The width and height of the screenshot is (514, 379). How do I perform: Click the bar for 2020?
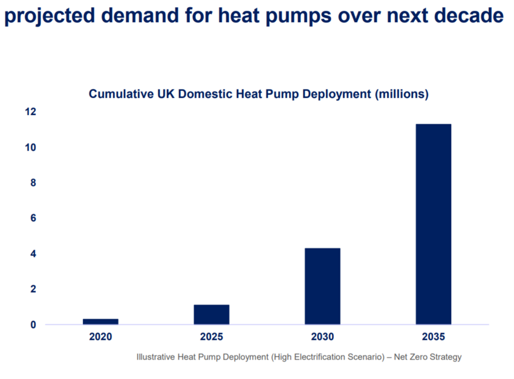[100, 321]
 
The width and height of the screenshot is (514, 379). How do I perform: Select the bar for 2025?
[211, 314]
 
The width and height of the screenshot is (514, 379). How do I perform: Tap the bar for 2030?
[322, 286]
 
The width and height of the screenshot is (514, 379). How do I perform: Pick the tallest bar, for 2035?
[433, 224]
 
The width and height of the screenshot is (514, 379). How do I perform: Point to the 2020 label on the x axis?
[100, 336]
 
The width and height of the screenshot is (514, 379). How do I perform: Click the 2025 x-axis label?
[211, 336]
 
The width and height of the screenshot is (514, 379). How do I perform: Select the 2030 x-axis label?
[322, 336]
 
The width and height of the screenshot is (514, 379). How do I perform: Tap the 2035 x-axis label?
[433, 336]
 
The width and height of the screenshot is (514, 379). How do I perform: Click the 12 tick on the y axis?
[30, 112]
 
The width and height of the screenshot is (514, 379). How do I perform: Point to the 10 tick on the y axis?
[30, 148]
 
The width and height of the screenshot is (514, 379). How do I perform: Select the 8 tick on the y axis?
[33, 183]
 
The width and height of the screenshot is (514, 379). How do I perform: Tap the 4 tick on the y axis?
[33, 254]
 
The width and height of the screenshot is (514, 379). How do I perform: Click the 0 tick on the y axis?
[33, 325]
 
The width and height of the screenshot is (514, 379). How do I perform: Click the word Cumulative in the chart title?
[120, 94]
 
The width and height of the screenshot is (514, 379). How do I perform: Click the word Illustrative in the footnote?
[157, 357]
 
